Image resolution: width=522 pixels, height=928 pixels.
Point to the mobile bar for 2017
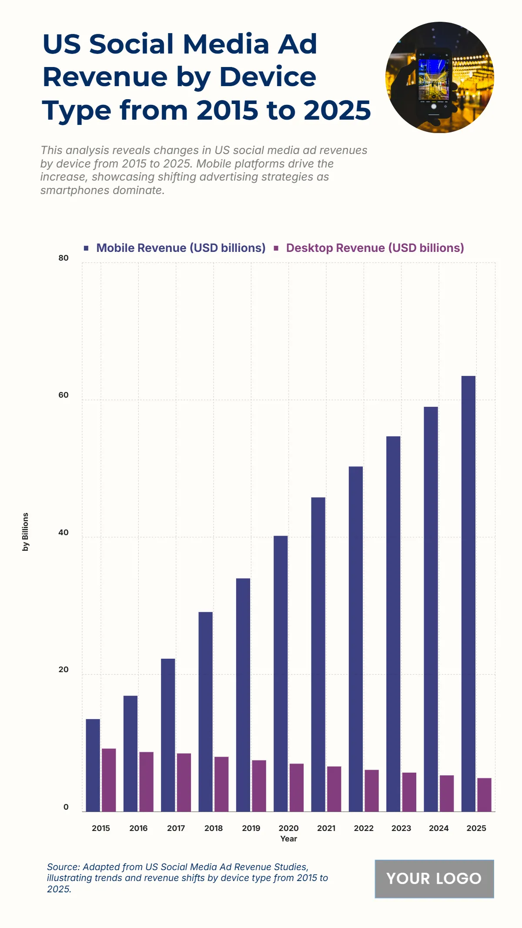[168, 735]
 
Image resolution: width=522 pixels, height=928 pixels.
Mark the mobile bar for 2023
[393, 624]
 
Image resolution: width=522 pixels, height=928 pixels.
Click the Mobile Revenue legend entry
[181, 248]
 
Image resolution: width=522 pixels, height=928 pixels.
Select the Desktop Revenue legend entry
[375, 248]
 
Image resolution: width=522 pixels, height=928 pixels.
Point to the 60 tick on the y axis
[64, 395]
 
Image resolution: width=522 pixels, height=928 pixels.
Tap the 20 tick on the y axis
[64, 670]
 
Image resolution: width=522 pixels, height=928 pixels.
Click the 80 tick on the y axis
[64, 258]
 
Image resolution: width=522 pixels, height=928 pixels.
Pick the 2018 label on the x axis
[214, 828]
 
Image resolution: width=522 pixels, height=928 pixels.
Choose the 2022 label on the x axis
[364, 828]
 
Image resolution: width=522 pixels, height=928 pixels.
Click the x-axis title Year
[288, 839]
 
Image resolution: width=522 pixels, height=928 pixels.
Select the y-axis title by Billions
[26, 532]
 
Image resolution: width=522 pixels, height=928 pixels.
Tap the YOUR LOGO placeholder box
[434, 878]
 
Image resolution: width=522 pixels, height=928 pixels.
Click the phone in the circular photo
[434, 83]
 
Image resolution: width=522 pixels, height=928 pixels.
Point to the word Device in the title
[268, 77]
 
